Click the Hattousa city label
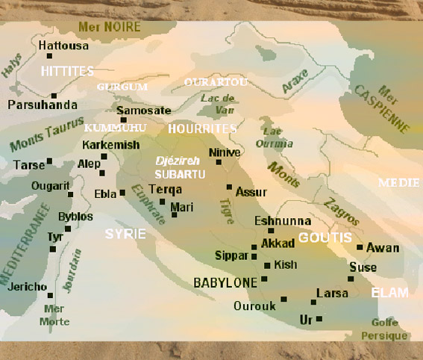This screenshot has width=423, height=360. point(63,46)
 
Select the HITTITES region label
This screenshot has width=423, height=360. point(67,70)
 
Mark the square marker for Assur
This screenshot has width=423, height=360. point(229,187)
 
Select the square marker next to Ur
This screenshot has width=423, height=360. point(319,319)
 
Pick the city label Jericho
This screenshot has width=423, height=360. point(28,287)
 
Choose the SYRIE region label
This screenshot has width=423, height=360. point(125,234)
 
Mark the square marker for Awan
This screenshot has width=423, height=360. point(360,247)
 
